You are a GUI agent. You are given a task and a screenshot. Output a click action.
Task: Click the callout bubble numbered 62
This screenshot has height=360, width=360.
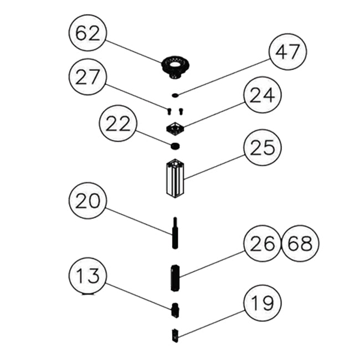87,34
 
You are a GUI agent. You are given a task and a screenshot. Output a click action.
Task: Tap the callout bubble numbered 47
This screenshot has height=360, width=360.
287,54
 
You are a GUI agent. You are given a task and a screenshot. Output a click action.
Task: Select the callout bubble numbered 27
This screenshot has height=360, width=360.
87,78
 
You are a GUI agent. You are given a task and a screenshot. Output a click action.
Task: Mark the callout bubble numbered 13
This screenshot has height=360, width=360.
87,275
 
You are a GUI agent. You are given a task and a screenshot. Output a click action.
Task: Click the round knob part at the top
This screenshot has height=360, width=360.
174,67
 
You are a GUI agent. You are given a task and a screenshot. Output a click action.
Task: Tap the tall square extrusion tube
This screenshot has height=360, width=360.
175,177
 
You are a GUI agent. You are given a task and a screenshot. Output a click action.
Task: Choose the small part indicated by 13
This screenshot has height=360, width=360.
174,310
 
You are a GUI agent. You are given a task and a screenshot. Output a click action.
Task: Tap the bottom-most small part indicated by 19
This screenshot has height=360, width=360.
174,334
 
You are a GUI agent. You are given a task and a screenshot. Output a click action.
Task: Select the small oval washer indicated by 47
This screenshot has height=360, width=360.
175,95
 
